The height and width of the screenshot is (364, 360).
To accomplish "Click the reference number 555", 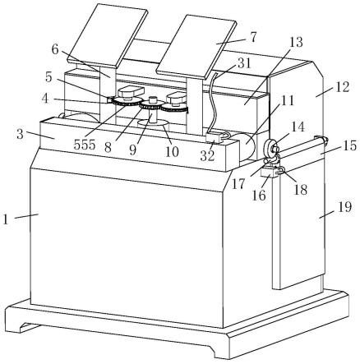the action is coord(85,145).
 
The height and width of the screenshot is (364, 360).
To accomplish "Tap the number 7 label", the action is coord(253,38).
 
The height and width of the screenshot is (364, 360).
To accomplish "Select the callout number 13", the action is coord(296,43).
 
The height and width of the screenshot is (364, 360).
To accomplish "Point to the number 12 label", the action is coord(342,87).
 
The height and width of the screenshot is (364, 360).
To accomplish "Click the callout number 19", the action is coord(344,207).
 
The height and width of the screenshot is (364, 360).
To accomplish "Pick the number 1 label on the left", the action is coord(6,219).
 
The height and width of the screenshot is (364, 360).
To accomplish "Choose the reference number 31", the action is coord(244,63).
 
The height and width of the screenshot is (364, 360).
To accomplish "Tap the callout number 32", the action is coord(207,156).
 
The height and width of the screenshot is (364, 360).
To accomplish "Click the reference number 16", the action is coord(259,196).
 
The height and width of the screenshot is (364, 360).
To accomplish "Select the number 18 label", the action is coord(300,190).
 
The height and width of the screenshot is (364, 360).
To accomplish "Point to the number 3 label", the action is coord(20,135).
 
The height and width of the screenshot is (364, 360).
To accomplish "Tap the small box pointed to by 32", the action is coord(214,138).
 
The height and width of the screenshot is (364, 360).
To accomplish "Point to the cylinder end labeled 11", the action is coord(247,146).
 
